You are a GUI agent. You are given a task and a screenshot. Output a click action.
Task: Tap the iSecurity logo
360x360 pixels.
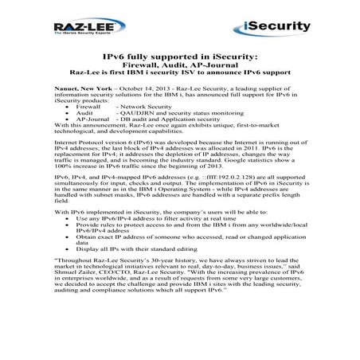tap(280, 28)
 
